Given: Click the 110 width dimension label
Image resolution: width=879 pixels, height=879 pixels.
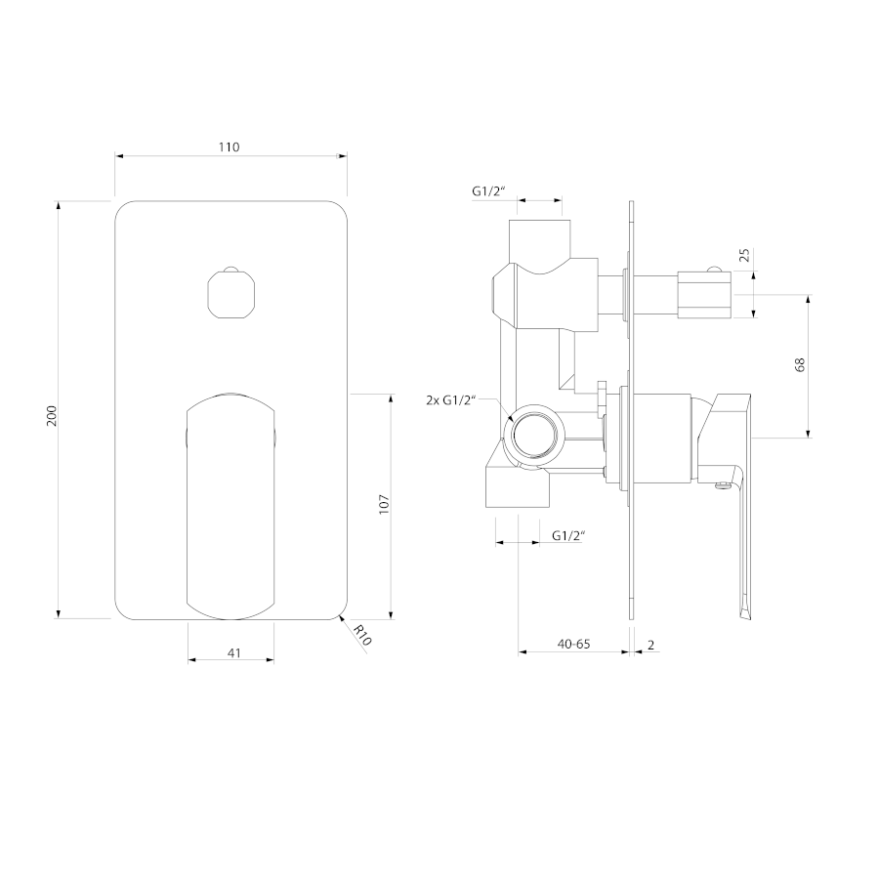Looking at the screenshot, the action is pos(229,146).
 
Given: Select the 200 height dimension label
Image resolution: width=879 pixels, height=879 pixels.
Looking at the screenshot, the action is pos(52,415).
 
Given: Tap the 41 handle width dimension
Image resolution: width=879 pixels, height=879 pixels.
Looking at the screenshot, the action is pos(234,653).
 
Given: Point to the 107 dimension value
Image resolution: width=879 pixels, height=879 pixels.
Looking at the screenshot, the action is pos(384,505).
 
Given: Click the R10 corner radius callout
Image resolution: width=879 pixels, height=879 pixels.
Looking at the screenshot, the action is pos(362,635).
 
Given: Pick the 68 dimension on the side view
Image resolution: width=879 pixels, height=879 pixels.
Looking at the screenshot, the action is pos(800,364).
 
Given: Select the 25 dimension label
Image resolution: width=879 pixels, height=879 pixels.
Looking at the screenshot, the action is pos(744,256).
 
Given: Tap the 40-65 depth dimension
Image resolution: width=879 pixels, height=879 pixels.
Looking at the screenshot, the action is pos(573,645).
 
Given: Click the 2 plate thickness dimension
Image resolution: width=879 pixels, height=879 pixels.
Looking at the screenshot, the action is pos(650,646).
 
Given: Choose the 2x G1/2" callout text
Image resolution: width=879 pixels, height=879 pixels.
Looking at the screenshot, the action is pos(450,400).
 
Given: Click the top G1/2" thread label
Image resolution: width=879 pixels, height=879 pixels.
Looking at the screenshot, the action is pos(488,190).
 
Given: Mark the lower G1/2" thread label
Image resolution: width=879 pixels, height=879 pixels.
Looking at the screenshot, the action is pos(568,535).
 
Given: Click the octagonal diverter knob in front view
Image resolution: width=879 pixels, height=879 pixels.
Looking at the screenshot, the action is pos(230,293).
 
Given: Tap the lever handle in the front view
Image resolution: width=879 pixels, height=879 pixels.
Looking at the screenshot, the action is pos(230,506).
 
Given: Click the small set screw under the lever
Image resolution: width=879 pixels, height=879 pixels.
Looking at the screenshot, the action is pos(723,486).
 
